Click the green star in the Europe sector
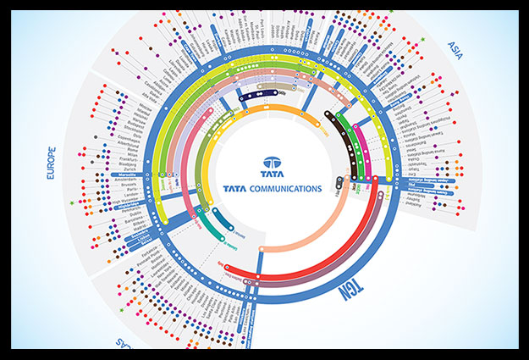pyautogui.click(x=73, y=203)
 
